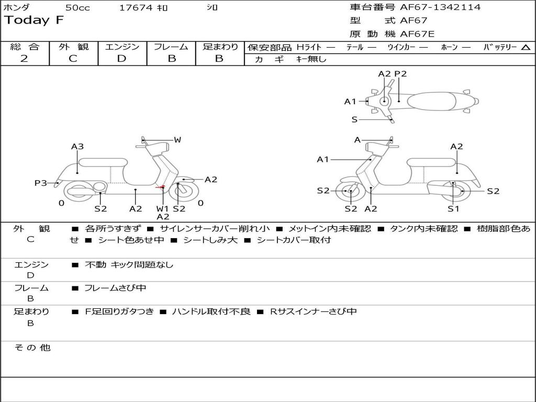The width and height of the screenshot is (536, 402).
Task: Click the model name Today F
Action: click(34, 20)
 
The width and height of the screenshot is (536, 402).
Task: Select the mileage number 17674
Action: click(136, 8)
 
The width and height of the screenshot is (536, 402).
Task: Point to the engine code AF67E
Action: click(417, 35)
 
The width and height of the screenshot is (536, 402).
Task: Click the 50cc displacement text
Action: click(77, 8)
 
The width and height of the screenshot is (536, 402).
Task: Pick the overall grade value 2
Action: click(24, 59)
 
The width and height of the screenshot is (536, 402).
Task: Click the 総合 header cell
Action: click(25, 47)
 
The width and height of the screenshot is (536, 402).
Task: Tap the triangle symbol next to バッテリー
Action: click(526, 47)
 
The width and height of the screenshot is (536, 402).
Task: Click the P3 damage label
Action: click(41, 183)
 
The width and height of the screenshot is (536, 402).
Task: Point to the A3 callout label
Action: click(77, 147)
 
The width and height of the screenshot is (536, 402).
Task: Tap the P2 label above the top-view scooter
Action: click(400, 74)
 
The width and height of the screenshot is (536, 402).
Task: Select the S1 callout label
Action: click(453, 209)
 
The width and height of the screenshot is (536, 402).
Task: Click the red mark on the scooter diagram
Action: click(161, 187)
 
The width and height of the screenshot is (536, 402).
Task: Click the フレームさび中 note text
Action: click(115, 288)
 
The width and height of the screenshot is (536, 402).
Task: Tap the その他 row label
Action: click(32, 347)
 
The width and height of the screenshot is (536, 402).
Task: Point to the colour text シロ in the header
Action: click(212, 8)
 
